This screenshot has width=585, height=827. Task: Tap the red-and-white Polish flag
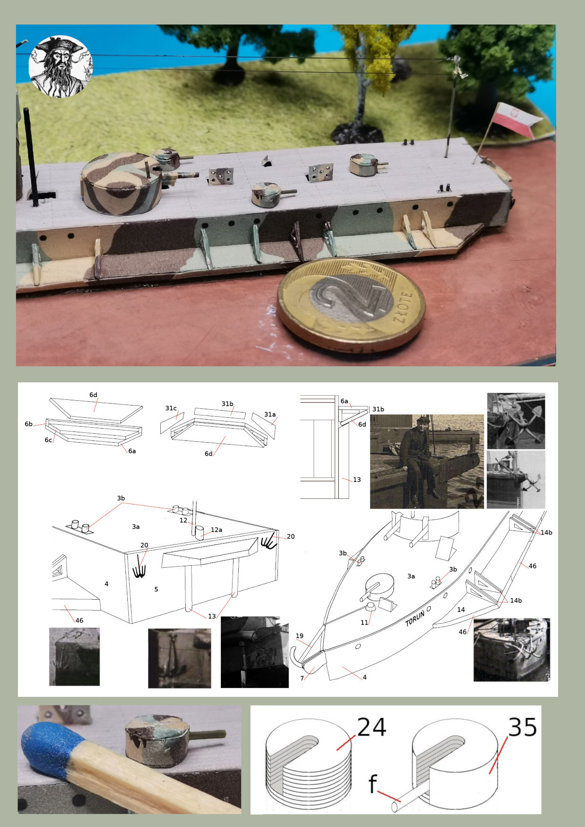click(514, 119)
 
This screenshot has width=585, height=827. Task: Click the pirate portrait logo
click(60, 66)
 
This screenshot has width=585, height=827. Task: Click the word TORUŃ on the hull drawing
click(415, 618)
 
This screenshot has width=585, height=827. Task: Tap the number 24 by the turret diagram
click(372, 727)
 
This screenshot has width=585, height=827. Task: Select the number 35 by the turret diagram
click(522, 727)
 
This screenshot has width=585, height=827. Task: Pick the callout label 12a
click(216, 530)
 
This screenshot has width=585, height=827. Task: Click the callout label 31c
click(171, 408)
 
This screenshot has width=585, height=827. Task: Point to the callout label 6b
click(29, 424)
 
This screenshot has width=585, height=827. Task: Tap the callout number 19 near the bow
click(300, 636)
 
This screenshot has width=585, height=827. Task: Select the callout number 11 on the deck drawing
click(364, 622)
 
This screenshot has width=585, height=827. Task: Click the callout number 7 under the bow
click(302, 678)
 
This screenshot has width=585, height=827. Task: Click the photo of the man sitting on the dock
click(426, 461)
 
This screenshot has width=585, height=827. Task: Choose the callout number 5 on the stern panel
click(156, 589)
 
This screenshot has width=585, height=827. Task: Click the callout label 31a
click(270, 414)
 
